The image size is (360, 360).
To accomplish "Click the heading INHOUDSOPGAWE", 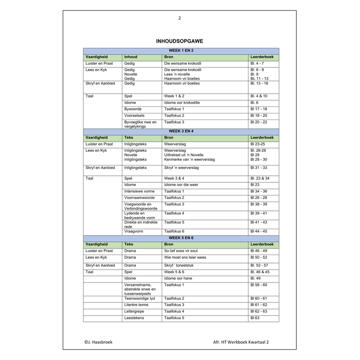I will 180,41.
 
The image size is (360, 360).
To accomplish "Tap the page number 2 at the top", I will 180,18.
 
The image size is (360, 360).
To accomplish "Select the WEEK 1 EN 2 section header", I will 181,51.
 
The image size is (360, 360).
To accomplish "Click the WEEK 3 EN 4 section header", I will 181,131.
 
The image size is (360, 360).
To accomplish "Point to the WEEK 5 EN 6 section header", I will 181,238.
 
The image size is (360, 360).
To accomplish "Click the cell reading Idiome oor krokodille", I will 182,103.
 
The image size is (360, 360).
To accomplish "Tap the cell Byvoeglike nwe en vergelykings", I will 140,124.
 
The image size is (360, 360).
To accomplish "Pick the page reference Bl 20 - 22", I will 259,122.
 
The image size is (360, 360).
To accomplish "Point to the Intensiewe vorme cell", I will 139,191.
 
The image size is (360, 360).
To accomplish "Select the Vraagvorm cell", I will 134,232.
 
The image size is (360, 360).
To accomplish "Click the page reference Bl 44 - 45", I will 259,232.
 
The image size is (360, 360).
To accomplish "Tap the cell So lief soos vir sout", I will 181,251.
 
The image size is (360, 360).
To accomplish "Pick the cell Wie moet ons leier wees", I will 185,257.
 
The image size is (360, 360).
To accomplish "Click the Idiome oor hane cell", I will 178,278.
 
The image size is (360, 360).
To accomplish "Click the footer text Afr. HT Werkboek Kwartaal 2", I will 241,342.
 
